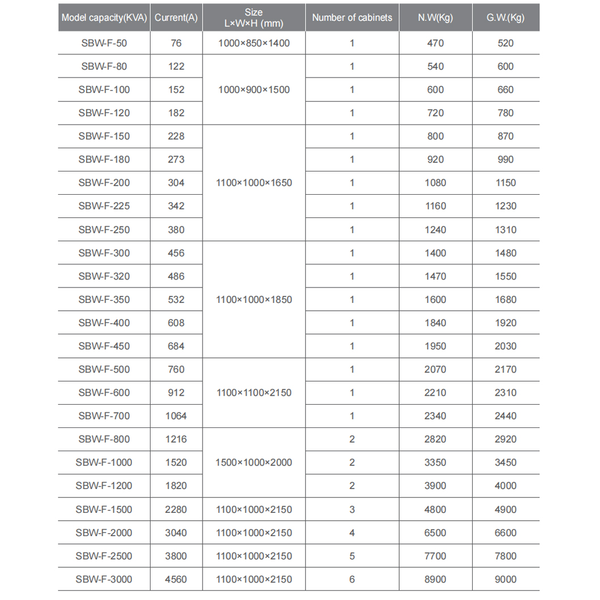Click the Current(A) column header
176,18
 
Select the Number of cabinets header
352,18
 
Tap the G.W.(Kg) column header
505,18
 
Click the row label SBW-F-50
104,43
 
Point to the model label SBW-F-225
104,206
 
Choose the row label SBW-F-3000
104,579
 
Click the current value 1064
176,416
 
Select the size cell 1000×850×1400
254,43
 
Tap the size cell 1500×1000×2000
254,462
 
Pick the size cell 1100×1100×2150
254,393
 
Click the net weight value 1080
435,183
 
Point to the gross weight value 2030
505,346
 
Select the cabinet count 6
352,579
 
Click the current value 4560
176,579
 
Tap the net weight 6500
435,533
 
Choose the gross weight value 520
505,43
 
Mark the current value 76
176,43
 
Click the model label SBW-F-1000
104,462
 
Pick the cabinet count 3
352,509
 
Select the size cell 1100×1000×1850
254,299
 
